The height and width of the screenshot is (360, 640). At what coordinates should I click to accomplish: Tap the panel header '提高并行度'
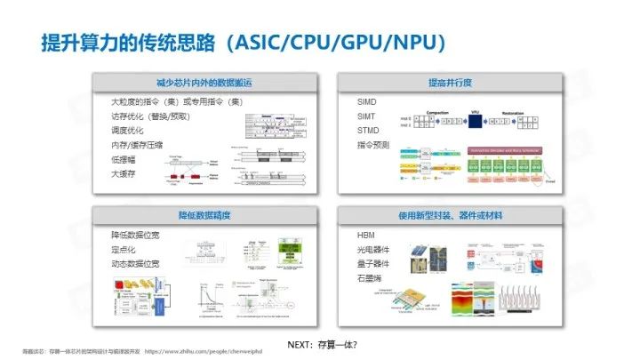[x=450, y=83]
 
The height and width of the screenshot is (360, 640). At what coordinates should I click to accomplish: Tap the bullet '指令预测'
[x=361, y=145]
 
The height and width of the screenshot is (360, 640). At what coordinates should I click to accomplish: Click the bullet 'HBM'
[x=354, y=236]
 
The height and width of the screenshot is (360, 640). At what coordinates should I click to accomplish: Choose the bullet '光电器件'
[x=361, y=250]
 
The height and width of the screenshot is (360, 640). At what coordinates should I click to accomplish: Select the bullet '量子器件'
[x=361, y=264]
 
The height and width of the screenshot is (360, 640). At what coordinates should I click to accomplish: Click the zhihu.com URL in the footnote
[x=220, y=352]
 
